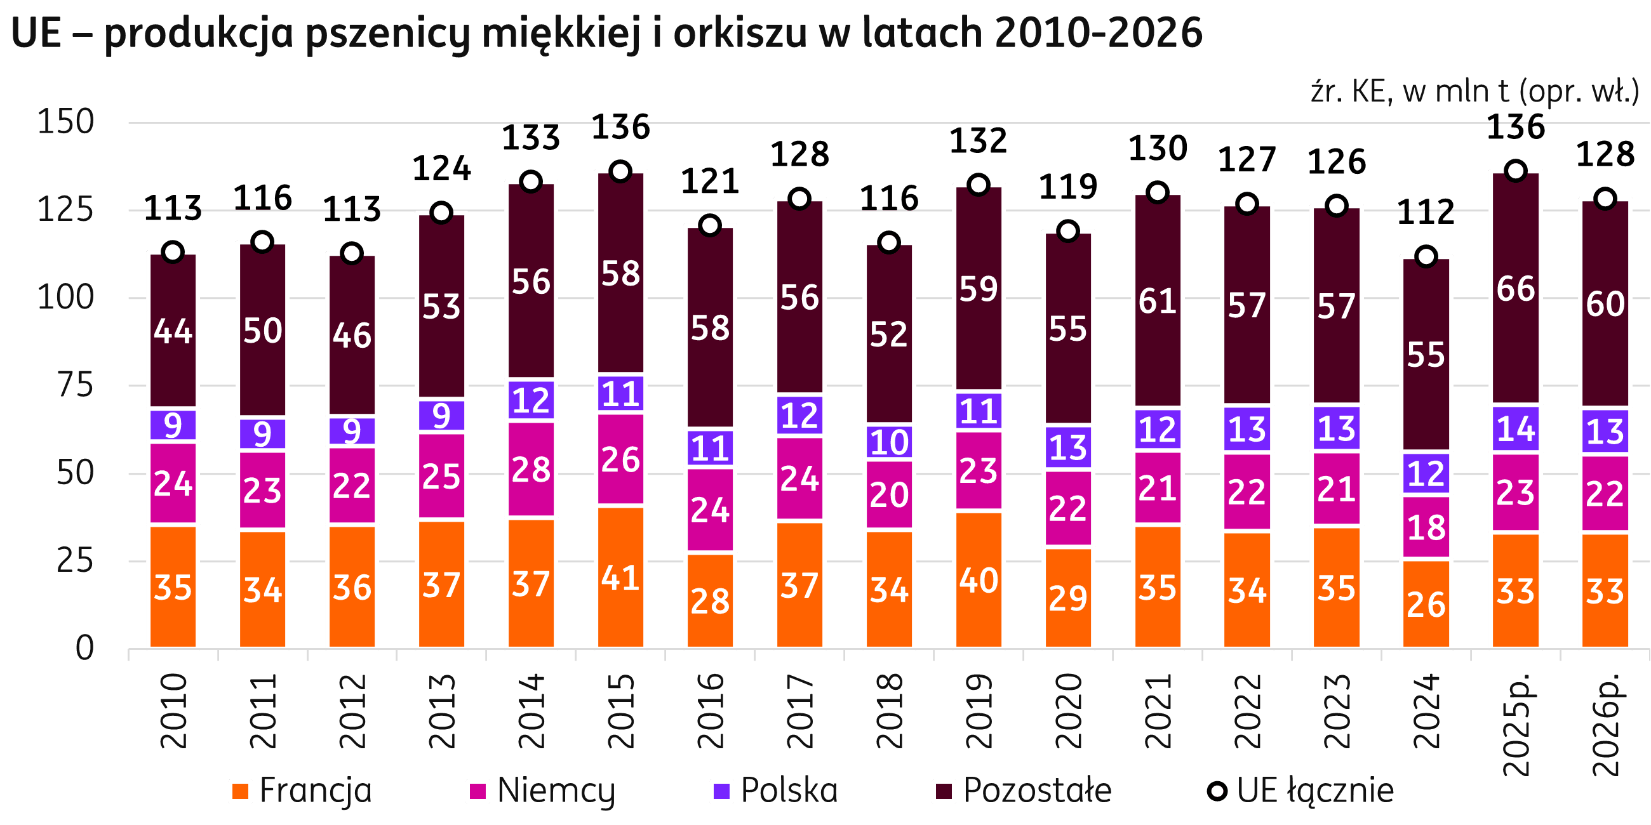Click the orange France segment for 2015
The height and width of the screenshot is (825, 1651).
[x=620, y=577]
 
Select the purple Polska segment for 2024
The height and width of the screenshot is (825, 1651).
[x=1426, y=473]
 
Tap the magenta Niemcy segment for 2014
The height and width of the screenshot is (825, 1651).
[x=531, y=470]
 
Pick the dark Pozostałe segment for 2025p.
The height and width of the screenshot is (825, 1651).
[x=1516, y=288]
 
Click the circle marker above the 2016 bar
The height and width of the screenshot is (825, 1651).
[x=709, y=225]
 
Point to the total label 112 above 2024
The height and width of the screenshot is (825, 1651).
[x=1426, y=212]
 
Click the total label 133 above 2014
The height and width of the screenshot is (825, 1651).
[x=531, y=138]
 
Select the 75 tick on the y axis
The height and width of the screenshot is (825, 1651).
[x=75, y=386]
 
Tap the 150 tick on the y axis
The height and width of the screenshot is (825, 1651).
[x=66, y=122]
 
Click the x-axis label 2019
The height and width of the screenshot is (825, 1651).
[x=979, y=711]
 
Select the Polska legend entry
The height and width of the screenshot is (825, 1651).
[x=776, y=790]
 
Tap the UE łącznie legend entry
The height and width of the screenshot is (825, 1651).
[x=1300, y=790]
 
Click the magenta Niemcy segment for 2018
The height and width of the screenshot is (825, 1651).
[x=889, y=494]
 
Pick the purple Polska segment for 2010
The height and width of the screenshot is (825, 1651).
[x=173, y=425]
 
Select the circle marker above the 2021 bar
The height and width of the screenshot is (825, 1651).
[x=1157, y=192]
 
